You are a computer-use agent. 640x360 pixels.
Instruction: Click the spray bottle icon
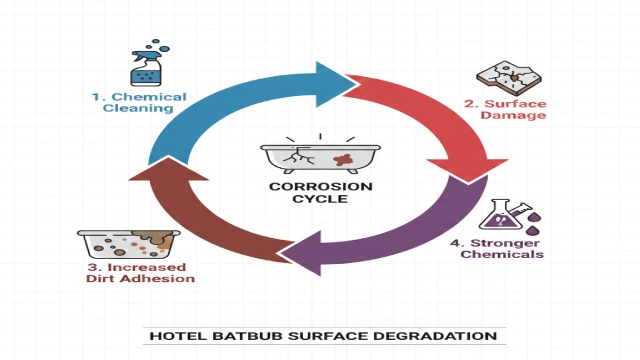click(147, 64)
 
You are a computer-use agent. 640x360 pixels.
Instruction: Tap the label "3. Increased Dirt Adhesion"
click(138, 272)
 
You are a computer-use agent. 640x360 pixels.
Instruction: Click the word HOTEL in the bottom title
click(170, 336)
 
